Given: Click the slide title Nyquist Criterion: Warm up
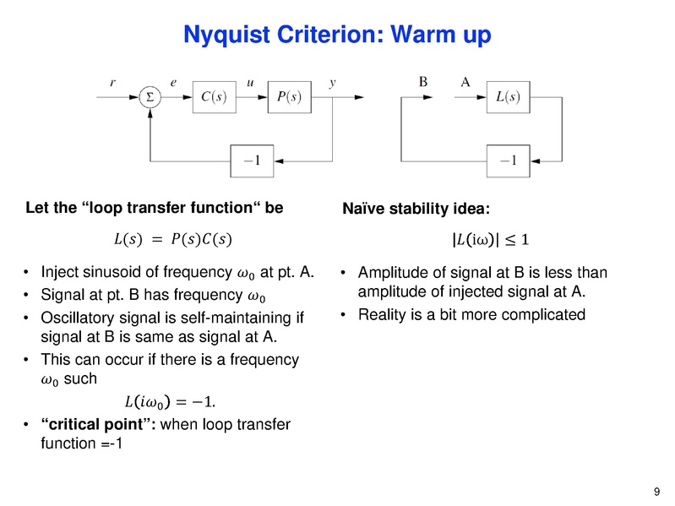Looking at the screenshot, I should point(337,35).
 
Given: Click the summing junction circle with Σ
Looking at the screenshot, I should point(150,96).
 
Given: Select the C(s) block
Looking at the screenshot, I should point(219,96).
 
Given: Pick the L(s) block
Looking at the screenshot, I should point(507,96).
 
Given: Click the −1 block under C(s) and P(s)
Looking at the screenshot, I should point(256,161).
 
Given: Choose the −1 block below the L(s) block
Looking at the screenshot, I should point(507,161).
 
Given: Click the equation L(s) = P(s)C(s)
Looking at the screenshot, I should point(170,240).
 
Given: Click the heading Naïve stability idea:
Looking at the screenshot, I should point(407,208).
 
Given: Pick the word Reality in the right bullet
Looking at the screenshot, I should point(382,314).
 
